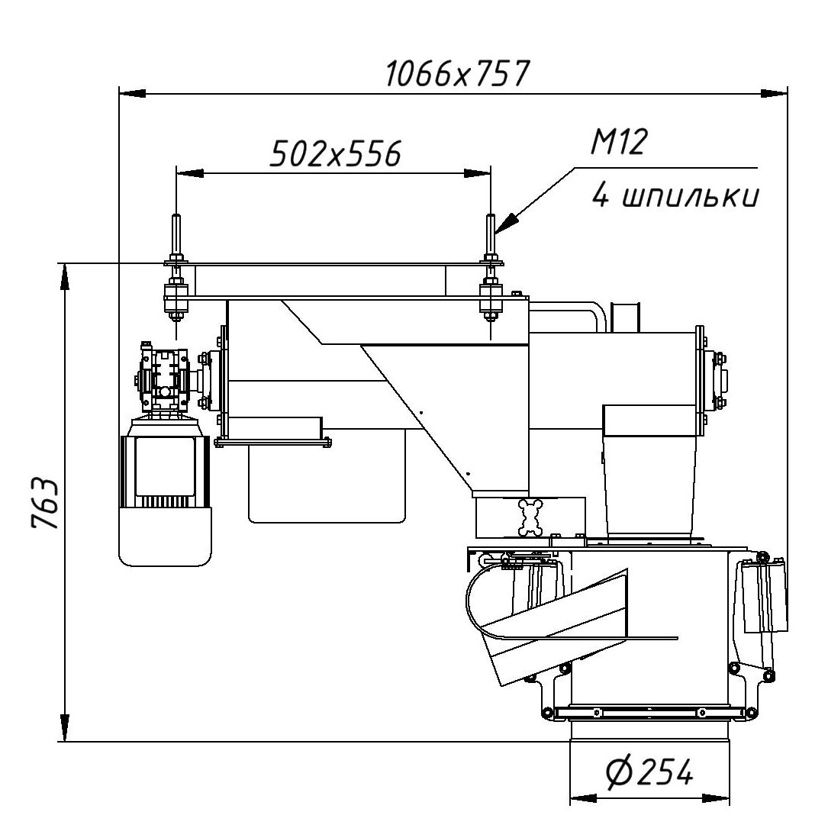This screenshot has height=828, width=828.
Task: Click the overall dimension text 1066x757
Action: (x=456, y=75)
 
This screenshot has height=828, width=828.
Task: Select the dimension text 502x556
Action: (x=336, y=154)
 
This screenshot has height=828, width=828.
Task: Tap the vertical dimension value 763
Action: (x=45, y=504)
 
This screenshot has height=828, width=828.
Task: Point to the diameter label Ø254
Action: (x=650, y=774)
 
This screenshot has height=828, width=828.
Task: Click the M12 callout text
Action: (x=619, y=143)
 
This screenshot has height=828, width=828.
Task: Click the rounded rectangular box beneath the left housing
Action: (x=327, y=485)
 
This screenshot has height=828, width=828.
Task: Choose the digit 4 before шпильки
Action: (x=601, y=197)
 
